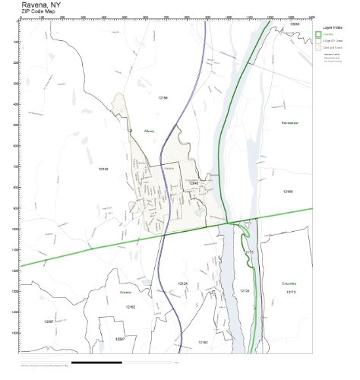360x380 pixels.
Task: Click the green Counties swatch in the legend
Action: pos(318,34)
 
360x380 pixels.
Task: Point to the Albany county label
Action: pos(150,131)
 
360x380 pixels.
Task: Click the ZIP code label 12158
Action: pos(163,98)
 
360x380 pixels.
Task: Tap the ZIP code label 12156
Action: pos(287,192)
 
